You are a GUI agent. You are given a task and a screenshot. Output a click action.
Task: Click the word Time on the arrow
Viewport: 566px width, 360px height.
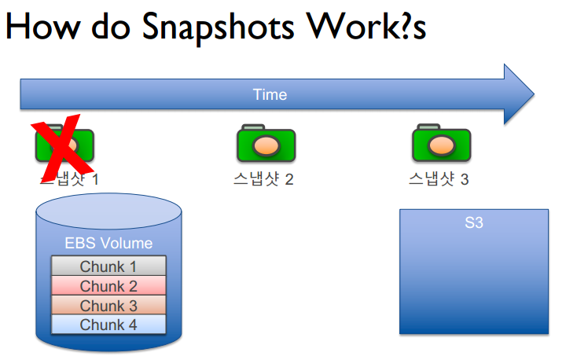[270, 95]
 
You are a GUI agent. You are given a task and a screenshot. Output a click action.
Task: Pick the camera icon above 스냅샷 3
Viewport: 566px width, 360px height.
[441, 144]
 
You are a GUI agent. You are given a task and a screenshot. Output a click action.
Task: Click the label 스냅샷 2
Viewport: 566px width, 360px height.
[263, 180]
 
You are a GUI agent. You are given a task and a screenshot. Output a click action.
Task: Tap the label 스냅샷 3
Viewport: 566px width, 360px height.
[439, 180]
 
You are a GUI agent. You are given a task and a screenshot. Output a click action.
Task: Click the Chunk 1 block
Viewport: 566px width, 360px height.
[108, 267]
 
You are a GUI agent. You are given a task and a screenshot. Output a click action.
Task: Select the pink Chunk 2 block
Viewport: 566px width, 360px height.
[108, 286]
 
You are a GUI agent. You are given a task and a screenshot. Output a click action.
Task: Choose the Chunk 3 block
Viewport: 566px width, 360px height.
[108, 306]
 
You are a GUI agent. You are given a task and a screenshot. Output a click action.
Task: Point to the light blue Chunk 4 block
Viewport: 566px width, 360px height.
[108, 325]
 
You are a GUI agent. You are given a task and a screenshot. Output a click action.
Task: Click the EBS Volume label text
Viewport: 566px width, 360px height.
[108, 244]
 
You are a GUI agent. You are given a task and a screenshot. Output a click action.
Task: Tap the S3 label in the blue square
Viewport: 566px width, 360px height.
[473, 223]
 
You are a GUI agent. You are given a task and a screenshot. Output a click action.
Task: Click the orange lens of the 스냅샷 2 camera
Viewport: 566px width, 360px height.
[267, 146]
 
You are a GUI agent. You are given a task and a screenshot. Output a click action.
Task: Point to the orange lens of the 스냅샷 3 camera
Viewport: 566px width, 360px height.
[443, 145]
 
